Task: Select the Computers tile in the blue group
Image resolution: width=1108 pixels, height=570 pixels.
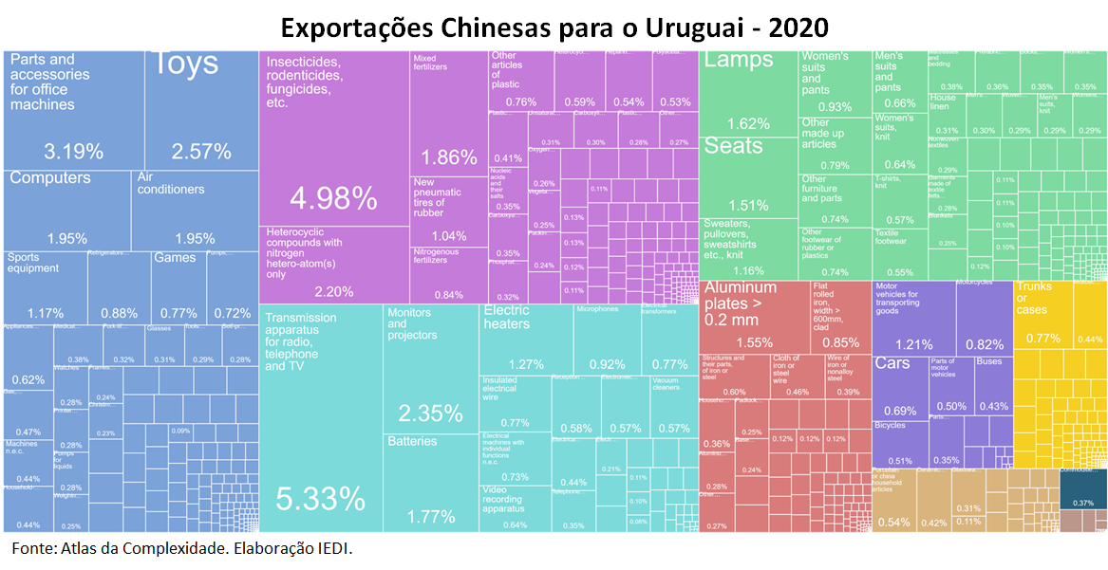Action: click(x=67, y=209)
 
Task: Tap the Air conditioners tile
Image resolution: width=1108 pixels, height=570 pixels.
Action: click(x=195, y=209)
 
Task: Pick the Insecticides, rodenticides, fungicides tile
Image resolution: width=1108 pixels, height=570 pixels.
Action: click(x=333, y=142)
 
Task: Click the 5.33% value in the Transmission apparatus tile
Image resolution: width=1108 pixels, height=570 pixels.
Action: click(x=320, y=498)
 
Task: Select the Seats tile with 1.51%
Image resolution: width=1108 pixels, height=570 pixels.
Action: click(x=748, y=175)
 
